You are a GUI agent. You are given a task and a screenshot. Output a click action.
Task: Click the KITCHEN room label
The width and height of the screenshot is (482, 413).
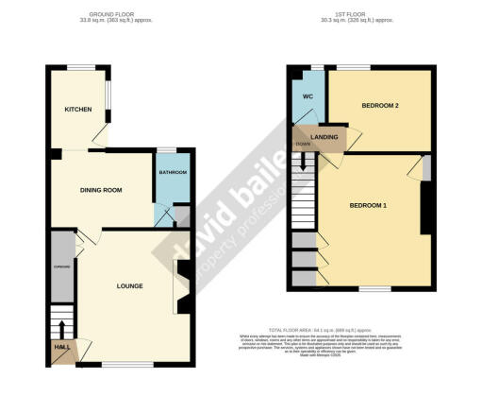click(x=77, y=110)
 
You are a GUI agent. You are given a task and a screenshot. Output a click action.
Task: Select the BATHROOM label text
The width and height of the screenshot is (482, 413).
click(x=173, y=173)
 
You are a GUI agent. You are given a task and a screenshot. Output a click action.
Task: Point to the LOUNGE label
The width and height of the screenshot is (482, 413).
click(x=129, y=285)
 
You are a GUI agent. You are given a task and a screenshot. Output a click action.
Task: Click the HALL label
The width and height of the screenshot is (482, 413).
click(x=61, y=349)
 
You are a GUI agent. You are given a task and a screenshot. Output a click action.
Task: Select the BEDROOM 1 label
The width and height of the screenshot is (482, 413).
click(x=369, y=205)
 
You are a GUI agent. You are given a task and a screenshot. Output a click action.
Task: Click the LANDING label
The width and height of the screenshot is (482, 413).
click(x=324, y=137)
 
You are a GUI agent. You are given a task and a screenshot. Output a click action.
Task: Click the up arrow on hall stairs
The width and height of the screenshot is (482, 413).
click(x=62, y=327)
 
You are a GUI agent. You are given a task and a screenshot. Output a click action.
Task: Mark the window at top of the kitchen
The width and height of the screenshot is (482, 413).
click(x=80, y=66)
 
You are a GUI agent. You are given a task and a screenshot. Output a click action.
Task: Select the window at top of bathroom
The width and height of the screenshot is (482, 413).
click(x=166, y=149)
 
